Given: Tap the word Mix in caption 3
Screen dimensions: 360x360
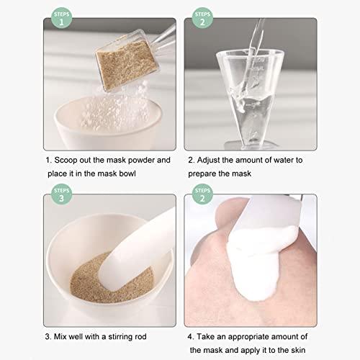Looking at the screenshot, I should pyautogui.click(x=62, y=335).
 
